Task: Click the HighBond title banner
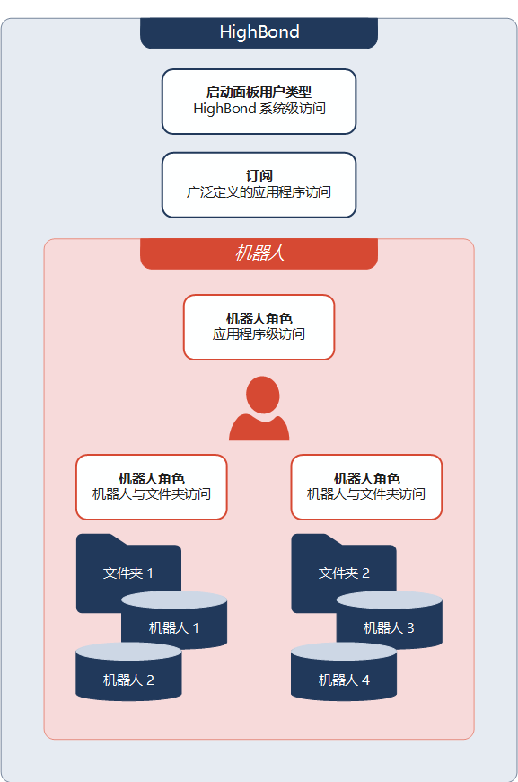coord(259,33)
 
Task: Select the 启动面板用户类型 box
coord(259,102)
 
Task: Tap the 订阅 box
coord(259,184)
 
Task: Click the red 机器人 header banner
coord(259,253)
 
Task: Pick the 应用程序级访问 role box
coord(259,326)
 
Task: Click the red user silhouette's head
coord(262,395)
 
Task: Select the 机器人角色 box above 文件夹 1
coord(152,487)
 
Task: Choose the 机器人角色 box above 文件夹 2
coord(366,487)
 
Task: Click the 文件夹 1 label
coord(128,573)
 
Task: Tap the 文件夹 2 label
coord(344,573)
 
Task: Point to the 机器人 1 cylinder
coord(174,620)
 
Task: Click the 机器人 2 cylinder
coord(128,671)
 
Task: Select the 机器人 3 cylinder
coord(390,620)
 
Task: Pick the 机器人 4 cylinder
coord(344,671)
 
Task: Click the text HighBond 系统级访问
coord(259,109)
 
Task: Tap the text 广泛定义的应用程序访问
coord(259,192)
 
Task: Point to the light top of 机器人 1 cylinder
coord(174,600)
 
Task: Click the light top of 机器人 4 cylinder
coord(344,652)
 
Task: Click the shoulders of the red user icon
coord(259,429)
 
